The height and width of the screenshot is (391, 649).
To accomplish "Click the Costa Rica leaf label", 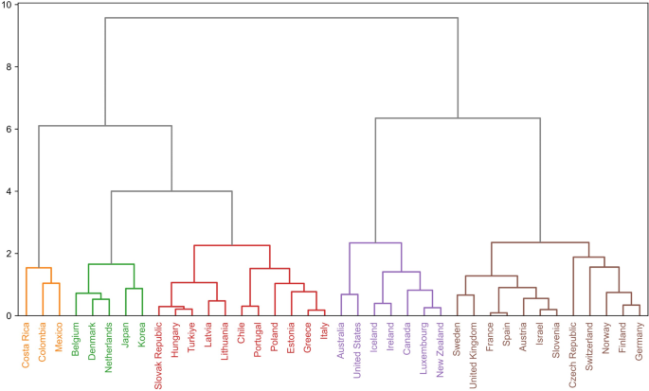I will [x=27, y=346].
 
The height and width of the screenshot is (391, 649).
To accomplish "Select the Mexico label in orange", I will [x=60, y=338].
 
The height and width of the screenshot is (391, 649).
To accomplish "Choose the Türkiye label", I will [x=191, y=338].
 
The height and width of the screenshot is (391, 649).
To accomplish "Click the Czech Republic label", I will [x=572, y=352].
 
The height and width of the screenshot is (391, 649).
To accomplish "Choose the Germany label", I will [x=639, y=342].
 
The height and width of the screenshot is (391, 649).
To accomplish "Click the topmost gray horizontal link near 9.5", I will [x=281, y=18].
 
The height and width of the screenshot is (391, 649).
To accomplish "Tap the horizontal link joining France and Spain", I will [x=498, y=312].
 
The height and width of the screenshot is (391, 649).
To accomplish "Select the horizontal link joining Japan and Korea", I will [x=134, y=289].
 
